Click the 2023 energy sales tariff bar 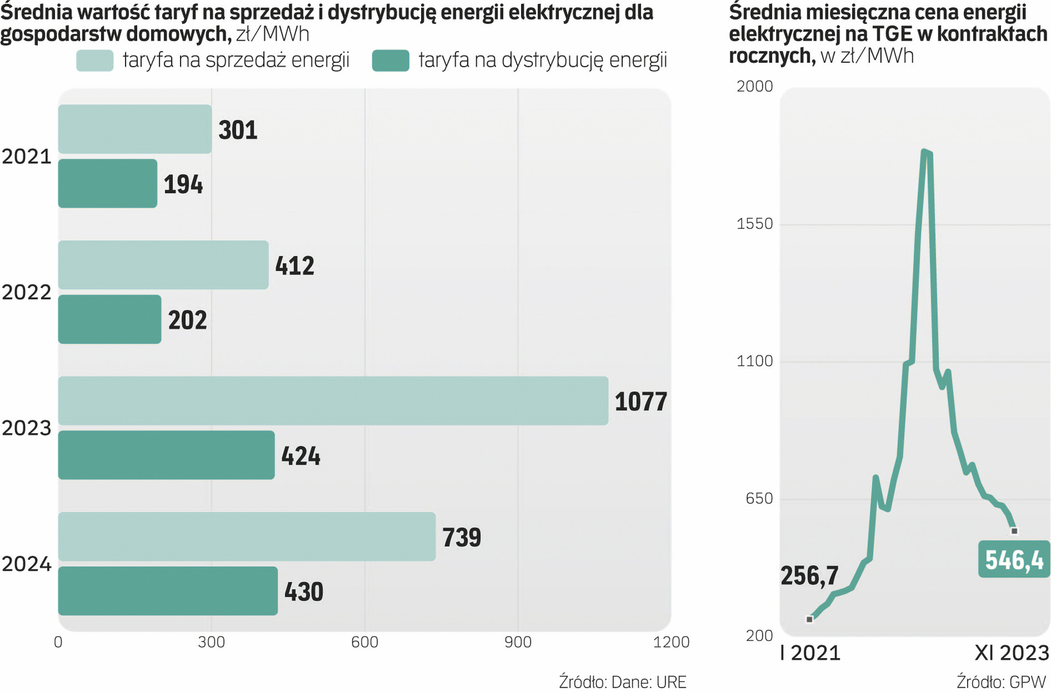point(333,400)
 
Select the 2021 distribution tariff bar point(108,183)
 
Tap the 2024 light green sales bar point(247,536)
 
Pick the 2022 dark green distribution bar point(110,319)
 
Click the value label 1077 point(640,402)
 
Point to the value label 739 point(461,537)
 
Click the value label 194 point(183,185)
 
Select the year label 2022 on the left point(26,292)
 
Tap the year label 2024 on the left point(26,564)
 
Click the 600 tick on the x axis point(365,642)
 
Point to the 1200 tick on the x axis point(671,642)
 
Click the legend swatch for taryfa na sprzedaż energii point(95,61)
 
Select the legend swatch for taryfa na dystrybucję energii point(390,61)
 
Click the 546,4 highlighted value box point(1014,559)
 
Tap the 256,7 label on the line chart point(809,575)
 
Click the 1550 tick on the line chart point(755,224)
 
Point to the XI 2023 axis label point(1011,653)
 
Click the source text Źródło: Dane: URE point(622,682)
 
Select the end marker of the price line point(1014,531)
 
